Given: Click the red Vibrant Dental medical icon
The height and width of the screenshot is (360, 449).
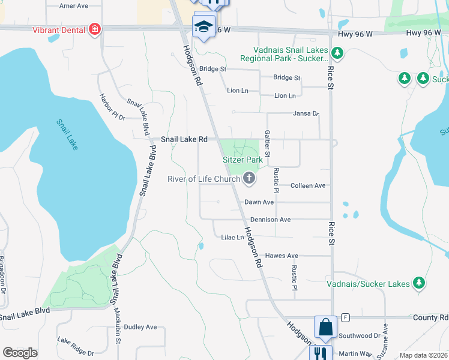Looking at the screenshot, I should tap(94, 29).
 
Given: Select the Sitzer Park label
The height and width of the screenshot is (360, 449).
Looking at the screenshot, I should tap(243, 160).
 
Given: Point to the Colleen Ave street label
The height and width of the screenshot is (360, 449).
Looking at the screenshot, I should tap(308, 186).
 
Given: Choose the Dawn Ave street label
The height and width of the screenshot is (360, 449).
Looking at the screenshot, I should tap(259, 203).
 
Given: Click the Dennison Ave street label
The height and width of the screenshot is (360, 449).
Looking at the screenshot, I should tap(270, 220).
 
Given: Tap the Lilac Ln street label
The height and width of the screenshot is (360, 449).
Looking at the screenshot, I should tap(232, 238).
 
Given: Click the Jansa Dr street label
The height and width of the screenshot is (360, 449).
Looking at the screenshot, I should tap(306, 113).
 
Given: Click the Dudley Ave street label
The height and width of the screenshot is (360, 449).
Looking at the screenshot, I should tap(140, 327).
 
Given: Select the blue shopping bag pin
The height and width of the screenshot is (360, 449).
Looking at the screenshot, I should tap(325, 328).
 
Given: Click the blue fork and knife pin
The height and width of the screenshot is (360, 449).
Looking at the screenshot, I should tap(321, 354).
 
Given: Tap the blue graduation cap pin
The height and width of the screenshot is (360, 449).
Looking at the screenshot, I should tap(204, 26).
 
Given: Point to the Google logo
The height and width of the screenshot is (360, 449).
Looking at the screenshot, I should tap(20, 353).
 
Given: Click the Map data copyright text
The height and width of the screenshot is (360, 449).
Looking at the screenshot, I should tap(423, 355).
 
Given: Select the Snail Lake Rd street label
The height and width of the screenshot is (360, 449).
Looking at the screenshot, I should tap(184, 139).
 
